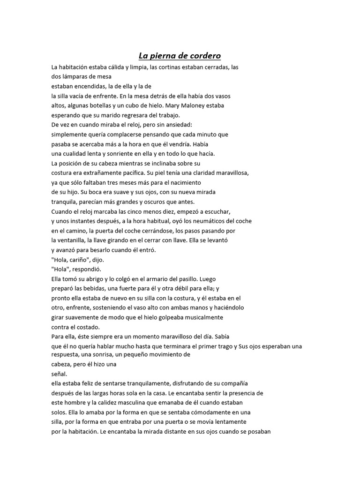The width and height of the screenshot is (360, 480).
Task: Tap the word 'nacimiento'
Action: pyautogui.click(x=183, y=182)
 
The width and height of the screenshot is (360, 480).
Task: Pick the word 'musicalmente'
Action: pyautogui.click(x=200, y=317)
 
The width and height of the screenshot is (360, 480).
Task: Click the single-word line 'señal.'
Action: pyautogui.click(x=59, y=374)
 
